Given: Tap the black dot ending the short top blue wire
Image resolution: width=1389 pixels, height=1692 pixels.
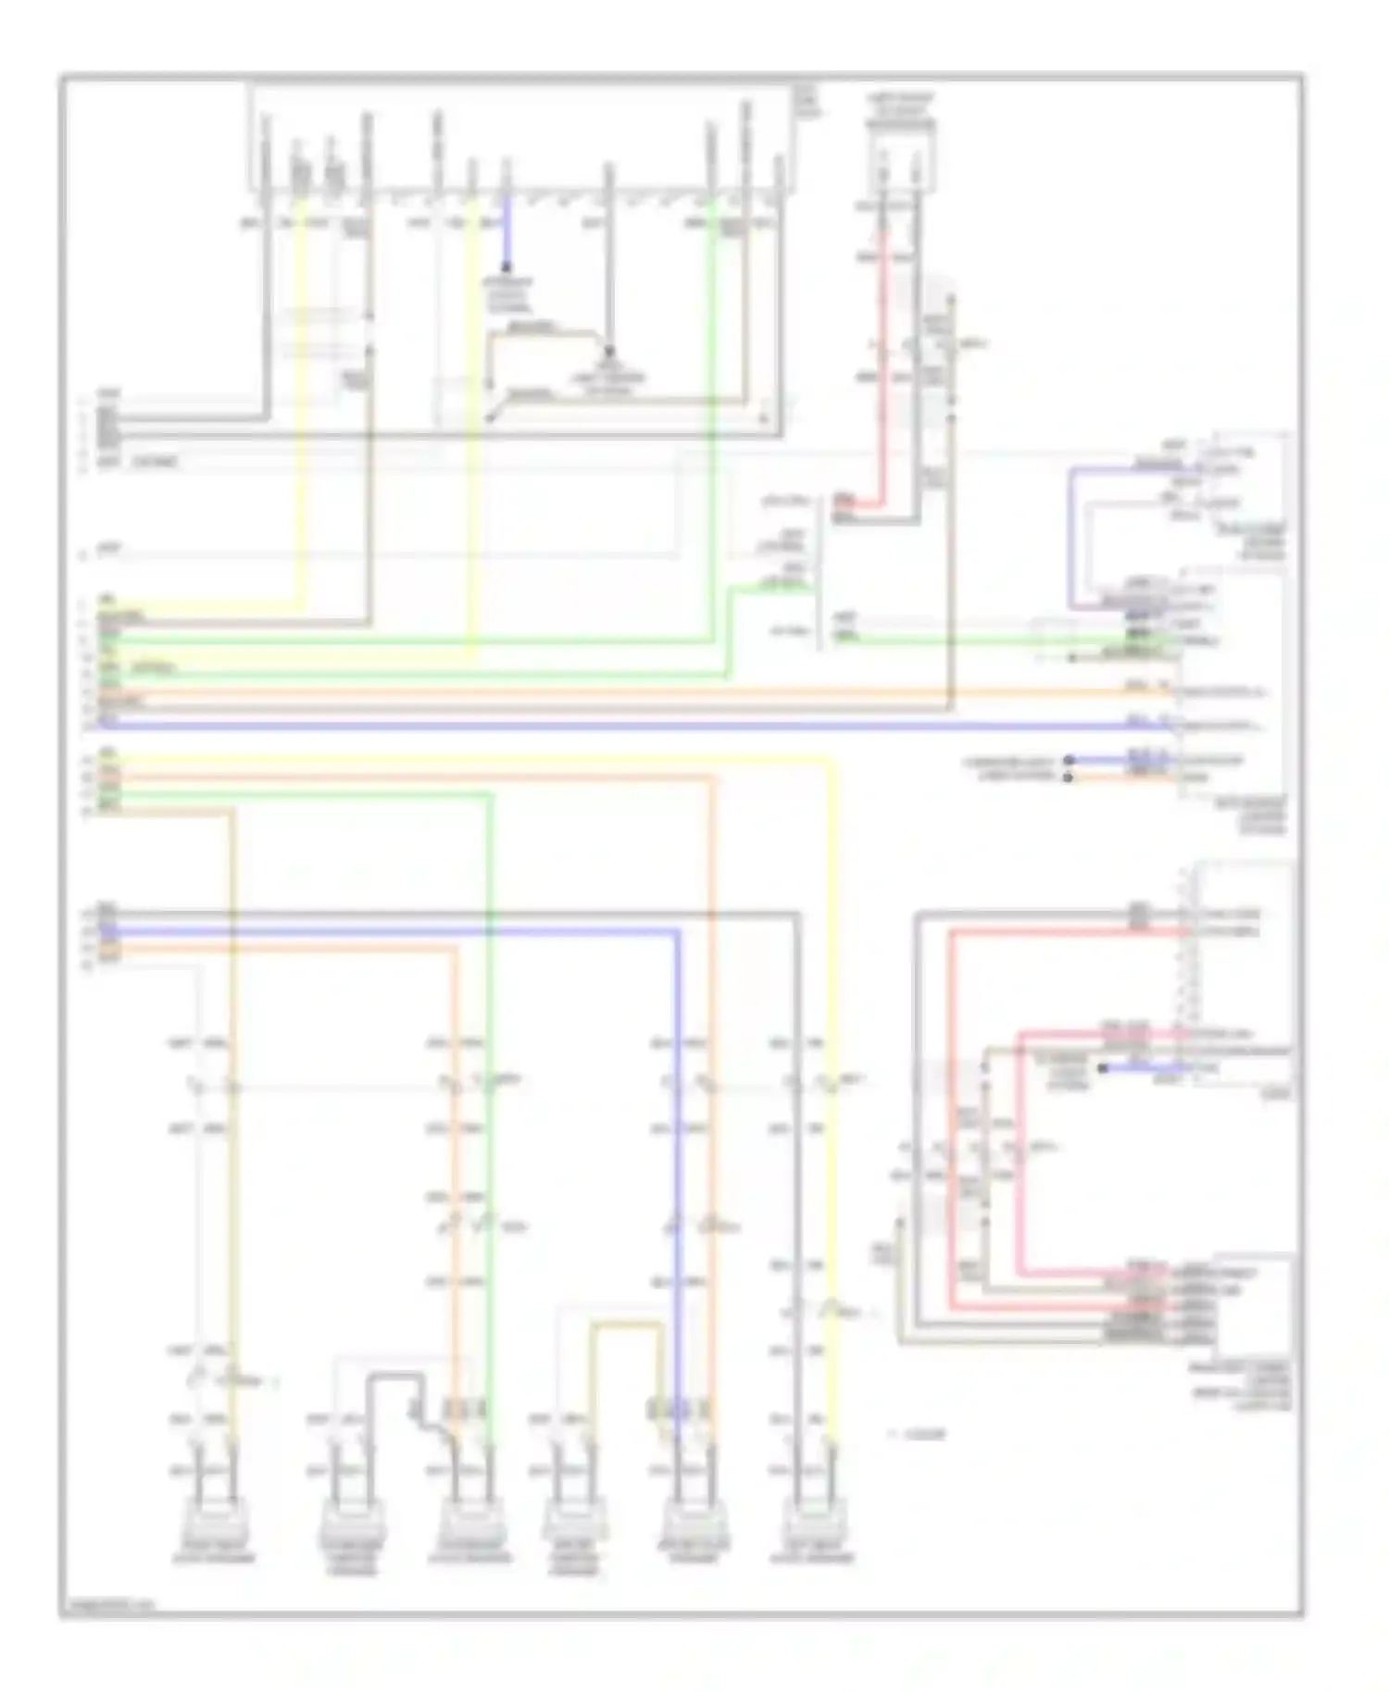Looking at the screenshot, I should tap(506, 267).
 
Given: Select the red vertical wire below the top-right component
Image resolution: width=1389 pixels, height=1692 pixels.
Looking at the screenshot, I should tap(882, 352).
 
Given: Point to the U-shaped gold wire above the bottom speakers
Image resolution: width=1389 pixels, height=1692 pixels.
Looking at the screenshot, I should tap(627, 1325).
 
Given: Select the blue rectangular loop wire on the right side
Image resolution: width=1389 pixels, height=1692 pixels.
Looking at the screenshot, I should tap(1070, 537).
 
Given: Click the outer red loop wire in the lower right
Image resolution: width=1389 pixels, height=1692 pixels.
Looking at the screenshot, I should tap(952, 1111).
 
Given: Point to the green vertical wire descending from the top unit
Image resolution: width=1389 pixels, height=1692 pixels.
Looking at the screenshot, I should tap(711, 417).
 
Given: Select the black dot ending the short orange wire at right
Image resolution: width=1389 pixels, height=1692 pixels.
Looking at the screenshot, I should tap(1068, 778).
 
